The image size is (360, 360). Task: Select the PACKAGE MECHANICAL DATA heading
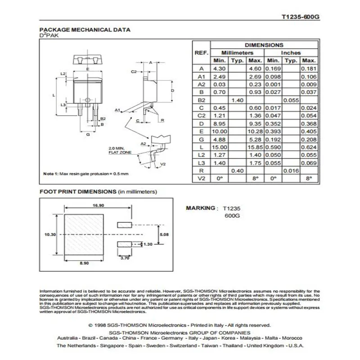coord(85,30)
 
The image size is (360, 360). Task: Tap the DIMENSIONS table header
coord(264,45)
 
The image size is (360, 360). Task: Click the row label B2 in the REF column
coord(201,100)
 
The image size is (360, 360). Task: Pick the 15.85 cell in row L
coord(255,147)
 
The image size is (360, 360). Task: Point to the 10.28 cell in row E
coord(255,131)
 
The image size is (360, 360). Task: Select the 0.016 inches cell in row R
coord(291,171)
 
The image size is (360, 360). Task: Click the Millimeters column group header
coord(237,53)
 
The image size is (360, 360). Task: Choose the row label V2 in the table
coord(201,179)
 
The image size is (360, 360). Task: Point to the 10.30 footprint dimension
coord(50,234)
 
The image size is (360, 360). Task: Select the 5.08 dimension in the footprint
coord(164,234)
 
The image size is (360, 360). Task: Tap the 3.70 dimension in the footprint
coord(125,258)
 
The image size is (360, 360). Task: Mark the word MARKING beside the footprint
coord(201,208)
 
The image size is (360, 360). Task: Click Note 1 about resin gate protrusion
coord(85,174)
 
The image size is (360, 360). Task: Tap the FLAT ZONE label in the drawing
coord(120,153)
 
